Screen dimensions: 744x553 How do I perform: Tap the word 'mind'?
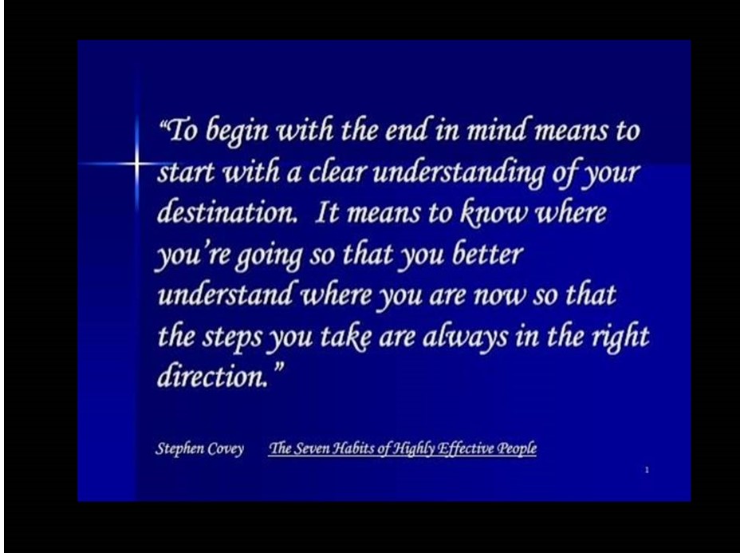click(496, 128)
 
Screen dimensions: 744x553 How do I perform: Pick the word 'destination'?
click(226, 211)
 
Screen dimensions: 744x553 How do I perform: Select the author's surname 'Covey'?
click(226, 448)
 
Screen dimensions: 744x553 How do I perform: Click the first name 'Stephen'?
click(179, 448)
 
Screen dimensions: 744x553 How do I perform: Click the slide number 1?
click(647, 470)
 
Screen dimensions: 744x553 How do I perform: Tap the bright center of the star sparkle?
click(136, 164)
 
